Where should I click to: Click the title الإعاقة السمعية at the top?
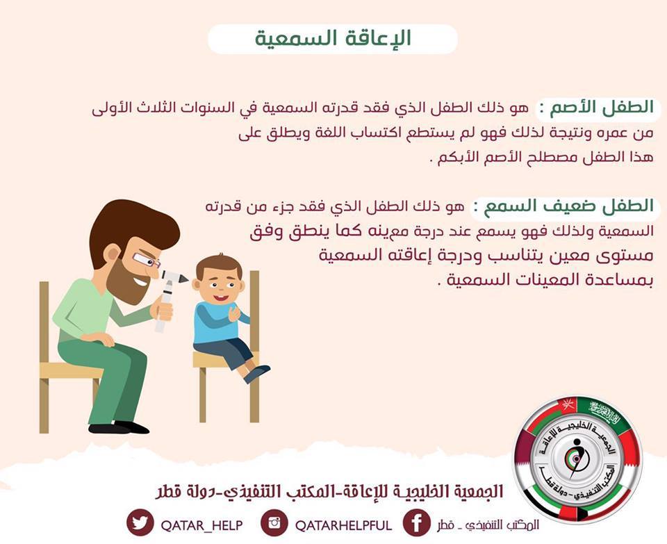click(x=333, y=39)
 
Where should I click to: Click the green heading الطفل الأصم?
click(x=602, y=108)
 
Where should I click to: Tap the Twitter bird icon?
click(x=140, y=522)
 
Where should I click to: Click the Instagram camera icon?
click(x=274, y=522)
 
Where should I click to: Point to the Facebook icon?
click(x=416, y=522)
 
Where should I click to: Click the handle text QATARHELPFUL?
click(x=344, y=525)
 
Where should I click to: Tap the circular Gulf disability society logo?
click(x=577, y=460)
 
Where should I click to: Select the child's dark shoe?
click(x=256, y=374)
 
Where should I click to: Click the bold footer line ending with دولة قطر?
click(x=329, y=491)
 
